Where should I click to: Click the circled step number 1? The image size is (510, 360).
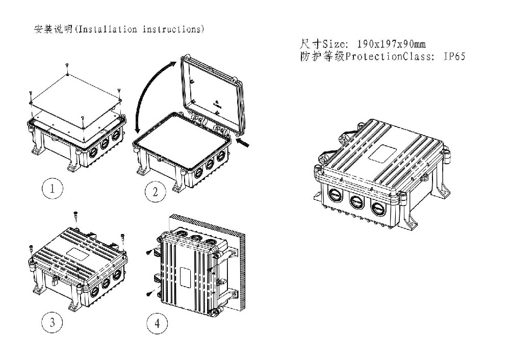(53, 188)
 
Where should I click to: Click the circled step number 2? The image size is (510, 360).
(155, 192)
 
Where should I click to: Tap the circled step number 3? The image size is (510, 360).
(53, 322)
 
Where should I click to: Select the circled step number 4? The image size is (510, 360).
(157, 324)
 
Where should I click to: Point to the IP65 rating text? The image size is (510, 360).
(455, 57)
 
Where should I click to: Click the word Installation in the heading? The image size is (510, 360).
(108, 29)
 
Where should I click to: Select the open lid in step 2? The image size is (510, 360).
(212, 94)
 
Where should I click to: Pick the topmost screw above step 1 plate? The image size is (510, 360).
(67, 65)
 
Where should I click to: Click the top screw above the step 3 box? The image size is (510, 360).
(76, 215)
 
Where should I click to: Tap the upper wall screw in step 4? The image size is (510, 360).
(149, 252)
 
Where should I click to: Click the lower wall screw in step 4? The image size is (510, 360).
(149, 293)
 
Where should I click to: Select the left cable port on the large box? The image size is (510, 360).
(335, 195)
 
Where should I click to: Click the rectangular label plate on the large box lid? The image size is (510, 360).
(382, 153)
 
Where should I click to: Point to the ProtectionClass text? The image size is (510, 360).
(390, 57)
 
